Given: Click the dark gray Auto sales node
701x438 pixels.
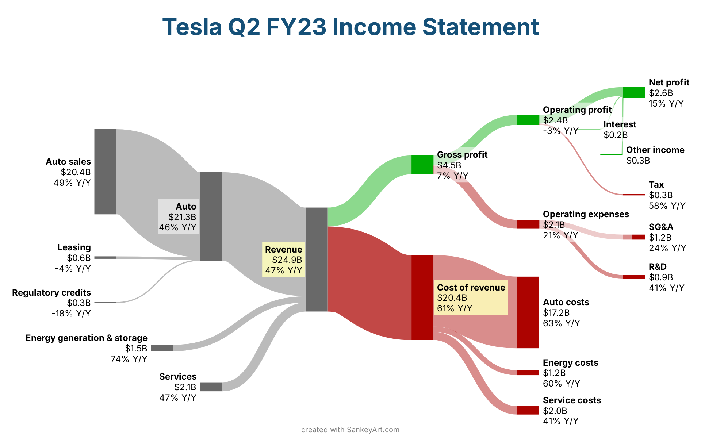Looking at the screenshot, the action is click(x=105, y=172).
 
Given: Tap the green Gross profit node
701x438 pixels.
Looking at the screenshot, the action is click(x=422, y=165).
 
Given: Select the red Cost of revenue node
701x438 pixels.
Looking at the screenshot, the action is click(x=422, y=297).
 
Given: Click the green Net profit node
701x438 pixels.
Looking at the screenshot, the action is click(x=634, y=93).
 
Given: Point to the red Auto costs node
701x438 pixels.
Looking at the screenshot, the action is click(x=528, y=312).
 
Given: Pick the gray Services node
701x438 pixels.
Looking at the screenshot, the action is click(x=211, y=387).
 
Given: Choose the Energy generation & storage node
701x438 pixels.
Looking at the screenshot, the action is click(x=162, y=348).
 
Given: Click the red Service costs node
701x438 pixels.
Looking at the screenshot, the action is click(x=528, y=410).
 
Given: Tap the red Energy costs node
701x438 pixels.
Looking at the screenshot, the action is click(x=528, y=373).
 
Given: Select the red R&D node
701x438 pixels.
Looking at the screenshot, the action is click(x=634, y=277).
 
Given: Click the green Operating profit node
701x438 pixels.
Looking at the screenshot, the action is click(x=528, y=120).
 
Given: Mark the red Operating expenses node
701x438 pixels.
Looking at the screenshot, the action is click(x=528, y=224).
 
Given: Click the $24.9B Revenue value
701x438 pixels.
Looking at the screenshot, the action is click(x=287, y=260).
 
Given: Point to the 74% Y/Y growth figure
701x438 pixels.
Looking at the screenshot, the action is click(x=129, y=359).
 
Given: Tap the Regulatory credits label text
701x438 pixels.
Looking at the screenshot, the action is click(x=51, y=293).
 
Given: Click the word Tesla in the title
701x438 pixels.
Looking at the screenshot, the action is click(x=192, y=27).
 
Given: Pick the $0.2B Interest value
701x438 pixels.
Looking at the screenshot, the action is click(x=616, y=135).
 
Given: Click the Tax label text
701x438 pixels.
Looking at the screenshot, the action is click(x=656, y=185).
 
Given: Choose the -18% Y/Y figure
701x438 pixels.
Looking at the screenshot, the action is click(x=71, y=314).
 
